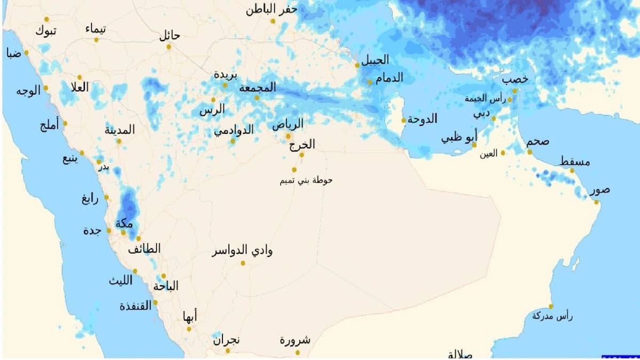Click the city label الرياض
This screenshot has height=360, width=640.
288,124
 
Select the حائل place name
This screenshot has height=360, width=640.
170,36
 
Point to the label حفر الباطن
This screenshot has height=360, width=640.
272,10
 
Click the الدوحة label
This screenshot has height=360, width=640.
422,119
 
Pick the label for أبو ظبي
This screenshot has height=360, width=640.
459,139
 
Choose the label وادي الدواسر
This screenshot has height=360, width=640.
243,251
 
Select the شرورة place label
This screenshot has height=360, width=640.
295,340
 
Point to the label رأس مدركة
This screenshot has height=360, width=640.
552,316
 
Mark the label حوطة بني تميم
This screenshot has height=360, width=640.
306,180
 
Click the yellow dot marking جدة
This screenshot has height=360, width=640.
109,230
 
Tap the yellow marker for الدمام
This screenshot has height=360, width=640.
370,82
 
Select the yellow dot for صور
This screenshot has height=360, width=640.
597,202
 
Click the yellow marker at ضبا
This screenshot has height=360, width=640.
26,52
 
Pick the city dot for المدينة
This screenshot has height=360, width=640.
119,141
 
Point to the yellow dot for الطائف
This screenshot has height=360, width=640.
139,238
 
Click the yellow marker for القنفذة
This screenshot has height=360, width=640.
155,302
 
